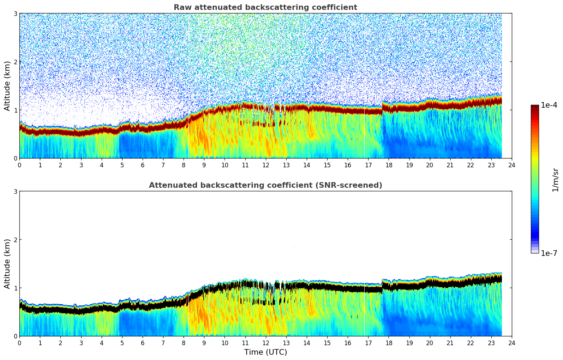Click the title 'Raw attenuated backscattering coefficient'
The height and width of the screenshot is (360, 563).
pos(265,7)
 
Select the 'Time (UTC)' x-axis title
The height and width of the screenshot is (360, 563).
pos(265,352)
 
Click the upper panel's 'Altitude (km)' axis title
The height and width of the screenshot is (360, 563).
pos(7,86)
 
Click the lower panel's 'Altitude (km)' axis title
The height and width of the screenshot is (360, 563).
pos(7,264)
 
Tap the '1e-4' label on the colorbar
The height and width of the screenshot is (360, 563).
pos(549,105)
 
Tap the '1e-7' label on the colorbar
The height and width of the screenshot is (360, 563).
pos(549,253)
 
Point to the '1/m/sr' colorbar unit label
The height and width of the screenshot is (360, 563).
pos(555,180)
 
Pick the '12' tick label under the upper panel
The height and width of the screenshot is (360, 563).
pos(265,165)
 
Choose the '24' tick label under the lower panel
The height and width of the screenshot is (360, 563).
pos(512,343)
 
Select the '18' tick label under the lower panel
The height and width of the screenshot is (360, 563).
pos(389,343)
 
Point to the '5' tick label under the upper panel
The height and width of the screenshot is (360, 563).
pos(122,165)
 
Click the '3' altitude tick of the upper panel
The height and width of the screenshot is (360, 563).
pos(15,13)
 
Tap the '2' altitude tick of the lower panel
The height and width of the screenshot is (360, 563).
pos(15,240)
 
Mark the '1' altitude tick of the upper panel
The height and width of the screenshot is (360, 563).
pos(15,110)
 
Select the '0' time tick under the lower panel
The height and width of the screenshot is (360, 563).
pos(19,343)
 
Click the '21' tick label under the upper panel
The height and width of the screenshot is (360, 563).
pos(450,165)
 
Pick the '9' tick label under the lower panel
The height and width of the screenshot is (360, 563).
pos(204,343)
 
